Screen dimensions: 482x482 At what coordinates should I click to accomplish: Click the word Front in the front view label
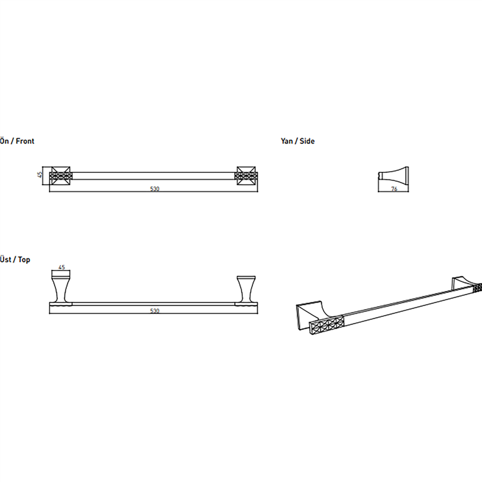[25, 141]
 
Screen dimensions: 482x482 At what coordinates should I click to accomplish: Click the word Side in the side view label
[307, 141]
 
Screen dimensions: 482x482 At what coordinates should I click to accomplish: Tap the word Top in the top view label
[24, 260]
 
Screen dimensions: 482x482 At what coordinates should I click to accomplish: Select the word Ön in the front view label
[4, 141]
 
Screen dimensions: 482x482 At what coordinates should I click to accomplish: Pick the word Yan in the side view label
[287, 142]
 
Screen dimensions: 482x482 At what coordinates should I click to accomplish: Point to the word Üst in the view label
[5, 259]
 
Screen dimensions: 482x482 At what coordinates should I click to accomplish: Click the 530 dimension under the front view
[155, 189]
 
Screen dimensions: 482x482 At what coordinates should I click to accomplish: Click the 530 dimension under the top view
[155, 310]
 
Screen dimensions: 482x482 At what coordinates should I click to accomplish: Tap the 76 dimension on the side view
[394, 189]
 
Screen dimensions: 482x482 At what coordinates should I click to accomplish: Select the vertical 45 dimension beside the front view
[40, 175]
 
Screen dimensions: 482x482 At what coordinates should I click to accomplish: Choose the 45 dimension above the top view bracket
[61, 267]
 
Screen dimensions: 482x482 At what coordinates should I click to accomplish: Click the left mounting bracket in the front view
[61, 176]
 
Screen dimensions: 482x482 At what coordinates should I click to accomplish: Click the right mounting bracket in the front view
[246, 176]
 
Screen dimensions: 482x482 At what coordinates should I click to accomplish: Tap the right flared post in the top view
[246, 289]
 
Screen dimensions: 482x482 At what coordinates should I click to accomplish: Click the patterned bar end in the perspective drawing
[327, 325]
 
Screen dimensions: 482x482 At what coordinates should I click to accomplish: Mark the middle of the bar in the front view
[154, 176]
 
